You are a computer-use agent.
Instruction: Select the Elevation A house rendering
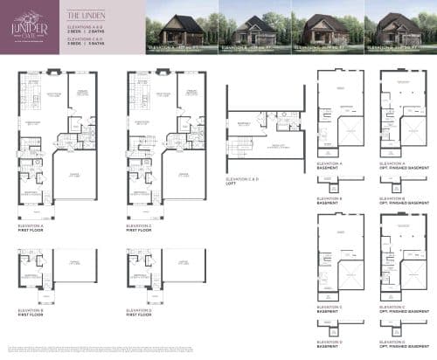[181, 28]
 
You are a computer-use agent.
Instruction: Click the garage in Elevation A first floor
[74, 176]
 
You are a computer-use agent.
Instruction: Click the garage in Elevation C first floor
[184, 176]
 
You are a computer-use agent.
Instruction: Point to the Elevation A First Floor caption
[31, 228]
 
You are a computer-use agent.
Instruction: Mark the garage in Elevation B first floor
[74, 263]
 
